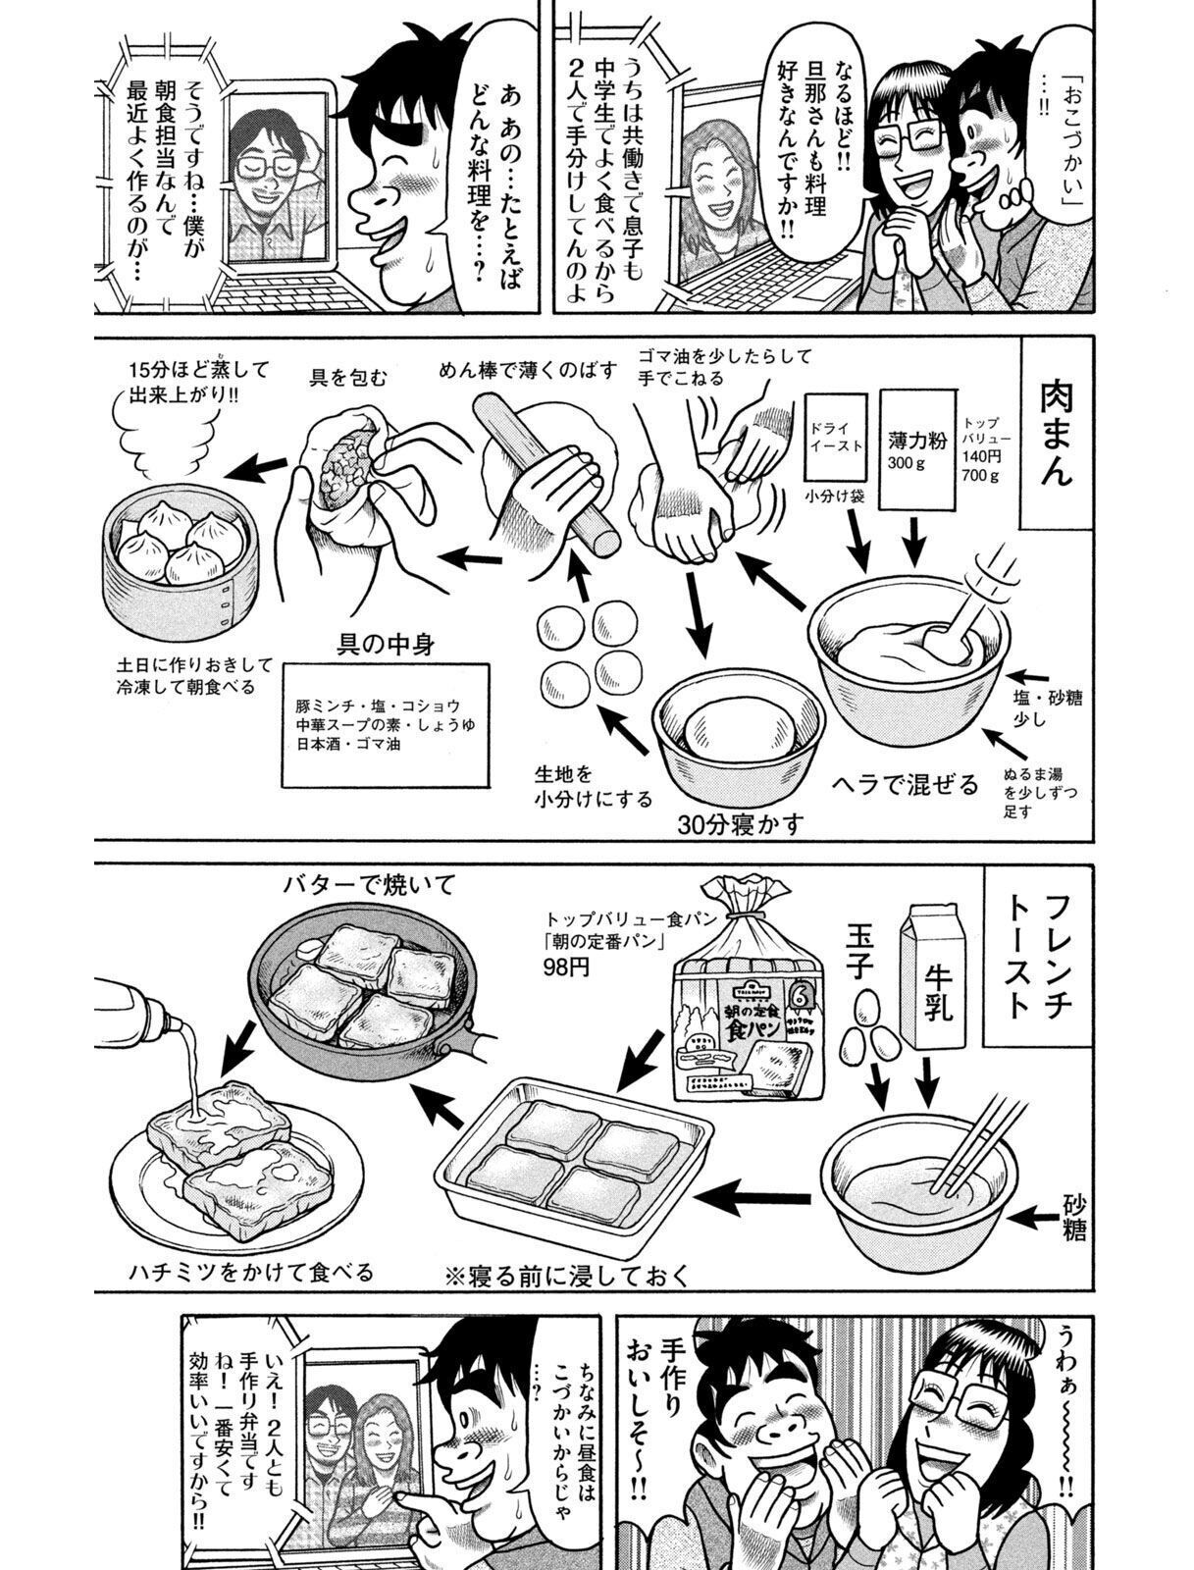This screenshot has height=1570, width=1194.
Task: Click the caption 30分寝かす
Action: coord(741,823)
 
